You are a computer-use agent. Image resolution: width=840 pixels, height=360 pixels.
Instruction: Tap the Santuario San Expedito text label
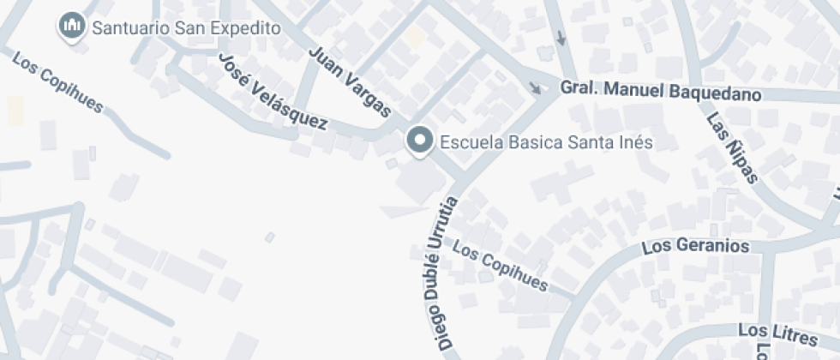click(x=186, y=28)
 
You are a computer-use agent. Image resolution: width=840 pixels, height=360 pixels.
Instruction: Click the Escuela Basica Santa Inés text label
click(x=546, y=142)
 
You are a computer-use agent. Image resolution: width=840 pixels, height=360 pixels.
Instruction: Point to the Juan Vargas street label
click(x=349, y=82)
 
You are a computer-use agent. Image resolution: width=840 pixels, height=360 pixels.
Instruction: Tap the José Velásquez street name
click(x=273, y=92)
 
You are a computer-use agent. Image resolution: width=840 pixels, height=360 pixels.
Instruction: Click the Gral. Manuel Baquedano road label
click(x=661, y=91)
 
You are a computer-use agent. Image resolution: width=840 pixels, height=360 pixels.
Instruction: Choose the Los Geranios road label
click(x=695, y=247)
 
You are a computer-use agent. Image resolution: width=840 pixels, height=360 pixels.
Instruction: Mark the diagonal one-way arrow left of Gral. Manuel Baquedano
click(x=536, y=87)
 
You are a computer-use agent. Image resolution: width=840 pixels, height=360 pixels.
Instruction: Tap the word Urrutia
click(x=453, y=225)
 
